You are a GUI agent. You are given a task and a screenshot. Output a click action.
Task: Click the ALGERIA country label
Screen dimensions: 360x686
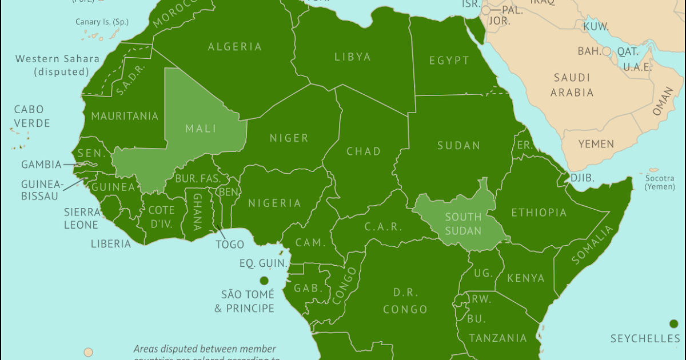point(235,47)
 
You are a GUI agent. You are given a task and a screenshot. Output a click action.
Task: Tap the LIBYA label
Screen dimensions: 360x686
point(353,57)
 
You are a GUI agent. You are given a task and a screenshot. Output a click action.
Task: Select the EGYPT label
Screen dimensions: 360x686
point(449,61)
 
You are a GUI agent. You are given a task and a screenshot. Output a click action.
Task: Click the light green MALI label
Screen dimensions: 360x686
point(201,129)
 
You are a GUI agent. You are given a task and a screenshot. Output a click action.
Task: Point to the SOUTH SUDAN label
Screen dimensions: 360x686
point(463,224)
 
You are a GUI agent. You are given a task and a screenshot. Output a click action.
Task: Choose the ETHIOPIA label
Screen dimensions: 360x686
point(539,213)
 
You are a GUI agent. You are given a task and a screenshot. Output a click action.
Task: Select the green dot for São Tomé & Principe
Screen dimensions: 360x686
point(264,281)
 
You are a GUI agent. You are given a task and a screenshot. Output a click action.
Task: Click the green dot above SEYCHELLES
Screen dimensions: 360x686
point(673,324)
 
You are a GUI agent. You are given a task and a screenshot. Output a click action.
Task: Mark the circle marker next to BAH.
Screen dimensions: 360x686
point(607,51)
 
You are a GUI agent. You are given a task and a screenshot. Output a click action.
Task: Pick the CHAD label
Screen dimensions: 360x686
point(364,151)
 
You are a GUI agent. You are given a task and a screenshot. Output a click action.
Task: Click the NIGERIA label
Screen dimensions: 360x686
point(274,203)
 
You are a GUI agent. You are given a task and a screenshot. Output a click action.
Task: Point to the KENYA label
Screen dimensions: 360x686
point(526,278)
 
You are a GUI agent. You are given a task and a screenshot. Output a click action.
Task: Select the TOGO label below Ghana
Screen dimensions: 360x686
point(230,245)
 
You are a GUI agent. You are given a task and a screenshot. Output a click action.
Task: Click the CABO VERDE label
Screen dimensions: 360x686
point(32,116)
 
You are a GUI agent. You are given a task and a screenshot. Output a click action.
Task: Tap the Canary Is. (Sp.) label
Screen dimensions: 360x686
point(102,22)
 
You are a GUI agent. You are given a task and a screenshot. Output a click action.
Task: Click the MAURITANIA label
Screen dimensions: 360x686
point(125,116)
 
